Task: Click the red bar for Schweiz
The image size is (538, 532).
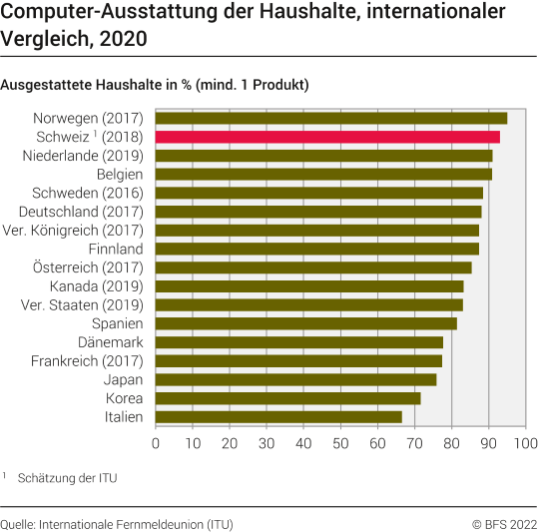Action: (327, 137)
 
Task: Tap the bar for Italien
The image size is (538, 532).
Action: (278, 416)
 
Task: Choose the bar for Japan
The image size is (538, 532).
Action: (295, 379)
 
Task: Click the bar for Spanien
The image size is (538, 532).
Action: (305, 323)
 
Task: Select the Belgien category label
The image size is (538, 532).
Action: (119, 174)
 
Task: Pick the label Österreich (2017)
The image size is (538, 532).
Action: (88, 267)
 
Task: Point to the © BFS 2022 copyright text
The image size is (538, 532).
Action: (504, 523)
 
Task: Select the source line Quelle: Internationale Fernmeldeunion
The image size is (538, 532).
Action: (117, 523)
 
